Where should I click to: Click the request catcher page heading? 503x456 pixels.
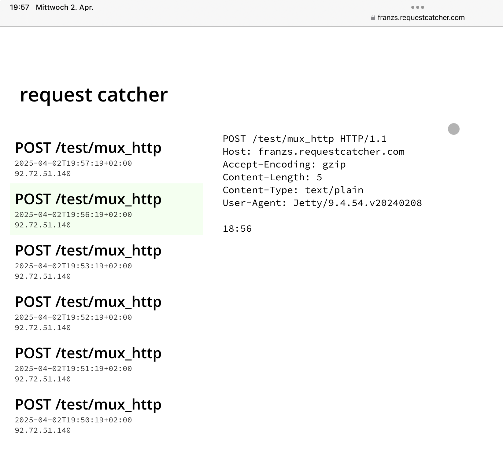[94, 95]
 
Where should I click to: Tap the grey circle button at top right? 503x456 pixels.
[454, 129]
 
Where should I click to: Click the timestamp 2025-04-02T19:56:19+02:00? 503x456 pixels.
[73, 215]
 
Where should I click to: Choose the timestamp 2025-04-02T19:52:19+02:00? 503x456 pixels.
[73, 317]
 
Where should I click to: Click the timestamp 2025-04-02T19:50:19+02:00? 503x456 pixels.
[73, 420]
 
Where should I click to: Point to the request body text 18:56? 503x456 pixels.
[237, 229]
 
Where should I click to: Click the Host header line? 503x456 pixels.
[314, 152]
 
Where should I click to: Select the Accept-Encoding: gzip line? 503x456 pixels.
[284, 164]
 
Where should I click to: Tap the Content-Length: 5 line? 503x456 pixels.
[272, 177]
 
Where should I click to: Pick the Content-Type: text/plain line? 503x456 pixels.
[293, 190]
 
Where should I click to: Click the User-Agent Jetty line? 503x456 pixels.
[322, 203]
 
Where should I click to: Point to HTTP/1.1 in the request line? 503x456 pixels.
[363, 139]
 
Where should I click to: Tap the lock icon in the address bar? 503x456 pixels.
[373, 18]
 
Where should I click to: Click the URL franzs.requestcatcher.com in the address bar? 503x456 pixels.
[421, 18]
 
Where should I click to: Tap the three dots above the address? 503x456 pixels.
[418, 7]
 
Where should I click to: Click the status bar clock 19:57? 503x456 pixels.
[20, 7]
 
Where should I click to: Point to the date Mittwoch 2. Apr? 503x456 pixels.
[65, 7]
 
